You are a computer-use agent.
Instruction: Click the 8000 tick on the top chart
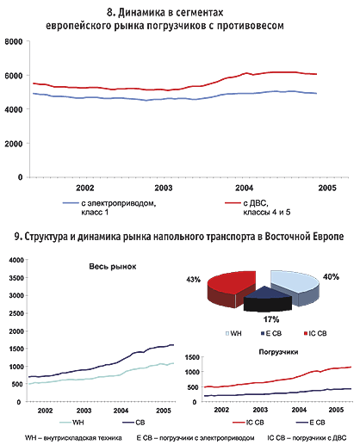pyautogui.click(x=14, y=41)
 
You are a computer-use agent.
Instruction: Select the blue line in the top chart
pyautogui.click(x=175, y=98)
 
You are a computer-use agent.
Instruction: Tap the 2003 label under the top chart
pyautogui.click(x=164, y=188)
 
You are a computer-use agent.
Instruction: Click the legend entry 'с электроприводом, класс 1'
pyautogui.click(x=109, y=207)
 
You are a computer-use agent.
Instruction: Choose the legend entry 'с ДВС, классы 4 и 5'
pyautogui.click(x=258, y=207)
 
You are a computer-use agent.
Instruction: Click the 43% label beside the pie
pyautogui.click(x=193, y=280)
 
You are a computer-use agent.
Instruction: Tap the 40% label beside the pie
pyautogui.click(x=331, y=277)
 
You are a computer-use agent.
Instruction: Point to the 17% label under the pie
pyautogui.click(x=271, y=319)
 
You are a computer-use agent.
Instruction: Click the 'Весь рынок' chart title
pyautogui.click(x=113, y=267)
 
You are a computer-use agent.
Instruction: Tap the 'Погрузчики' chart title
pyautogui.click(x=278, y=352)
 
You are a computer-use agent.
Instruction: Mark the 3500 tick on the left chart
pyautogui.click(x=16, y=278)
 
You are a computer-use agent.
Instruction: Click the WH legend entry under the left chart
pyautogui.click(x=71, y=423)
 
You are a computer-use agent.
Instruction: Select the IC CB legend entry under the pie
pyautogui.click(x=315, y=333)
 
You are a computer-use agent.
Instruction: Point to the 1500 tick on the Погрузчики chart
pyautogui.click(x=192, y=357)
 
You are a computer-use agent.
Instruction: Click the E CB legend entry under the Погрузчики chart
pyautogui.click(x=310, y=423)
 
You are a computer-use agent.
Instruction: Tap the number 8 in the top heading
pyautogui.click(x=109, y=12)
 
